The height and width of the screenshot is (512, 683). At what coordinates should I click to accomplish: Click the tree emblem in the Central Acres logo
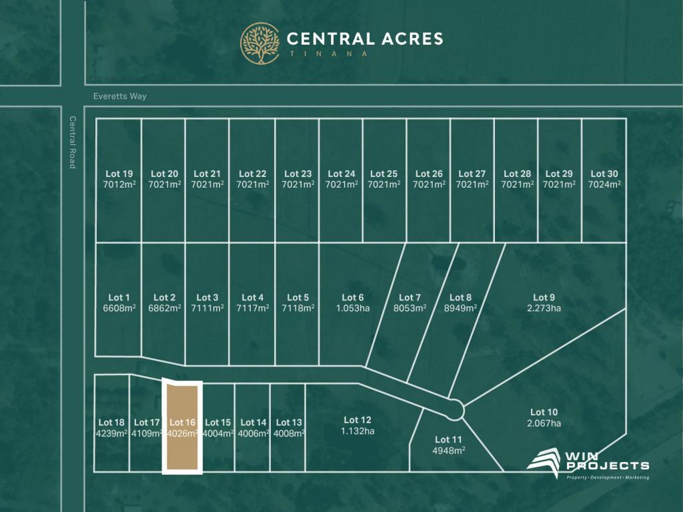tap(260, 43)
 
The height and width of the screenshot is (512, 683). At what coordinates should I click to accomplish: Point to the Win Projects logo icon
tap(544, 463)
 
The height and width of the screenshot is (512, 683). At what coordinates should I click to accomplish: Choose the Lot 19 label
tap(119, 174)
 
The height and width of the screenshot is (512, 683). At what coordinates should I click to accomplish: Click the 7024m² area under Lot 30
tap(604, 184)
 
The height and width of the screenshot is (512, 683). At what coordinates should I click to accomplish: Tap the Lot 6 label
tap(353, 298)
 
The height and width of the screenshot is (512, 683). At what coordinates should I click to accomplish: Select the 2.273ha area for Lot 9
tap(544, 308)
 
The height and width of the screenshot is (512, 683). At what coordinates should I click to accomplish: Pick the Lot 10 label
tap(544, 412)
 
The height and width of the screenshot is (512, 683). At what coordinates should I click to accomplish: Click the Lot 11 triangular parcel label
tap(448, 439)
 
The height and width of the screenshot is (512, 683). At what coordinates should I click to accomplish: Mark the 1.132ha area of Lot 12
tap(358, 431)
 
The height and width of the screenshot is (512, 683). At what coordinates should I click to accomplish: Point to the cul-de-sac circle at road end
tap(456, 409)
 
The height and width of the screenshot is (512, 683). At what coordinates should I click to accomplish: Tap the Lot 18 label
tap(111, 422)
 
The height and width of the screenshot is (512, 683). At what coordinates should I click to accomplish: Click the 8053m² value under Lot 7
tap(410, 308)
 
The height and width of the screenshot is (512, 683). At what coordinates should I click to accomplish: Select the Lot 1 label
tap(119, 298)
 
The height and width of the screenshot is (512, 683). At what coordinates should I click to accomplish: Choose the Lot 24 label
tap(340, 174)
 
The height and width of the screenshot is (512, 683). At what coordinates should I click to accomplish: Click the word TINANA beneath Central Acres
tap(327, 53)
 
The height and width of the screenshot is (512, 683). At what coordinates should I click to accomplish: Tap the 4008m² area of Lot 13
tap(288, 433)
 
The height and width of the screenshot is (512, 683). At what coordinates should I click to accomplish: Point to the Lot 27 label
tap(472, 174)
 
